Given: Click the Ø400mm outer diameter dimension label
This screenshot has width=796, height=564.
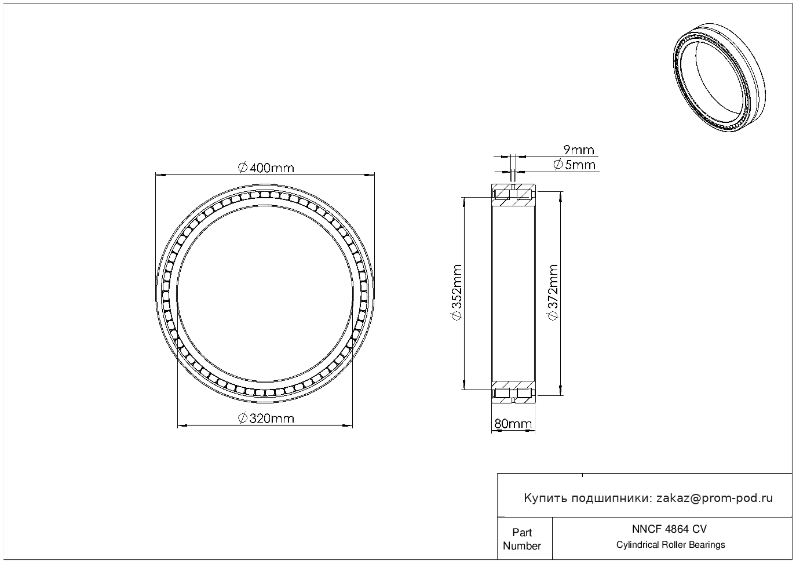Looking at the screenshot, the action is [x=266, y=168].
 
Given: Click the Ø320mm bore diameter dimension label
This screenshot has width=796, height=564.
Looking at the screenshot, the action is [x=266, y=418].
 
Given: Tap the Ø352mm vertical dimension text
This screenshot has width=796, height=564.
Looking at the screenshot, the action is [x=457, y=292].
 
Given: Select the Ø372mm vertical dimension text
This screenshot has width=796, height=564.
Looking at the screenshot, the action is [x=553, y=292].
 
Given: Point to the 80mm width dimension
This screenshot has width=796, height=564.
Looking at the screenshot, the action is [x=513, y=424].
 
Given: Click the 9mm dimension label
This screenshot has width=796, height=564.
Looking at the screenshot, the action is [x=579, y=150].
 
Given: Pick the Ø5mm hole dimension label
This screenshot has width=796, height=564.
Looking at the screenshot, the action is [x=574, y=165].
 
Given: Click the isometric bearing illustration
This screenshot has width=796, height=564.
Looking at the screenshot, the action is [x=720, y=77].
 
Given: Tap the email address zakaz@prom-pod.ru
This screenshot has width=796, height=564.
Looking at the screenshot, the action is [x=714, y=498].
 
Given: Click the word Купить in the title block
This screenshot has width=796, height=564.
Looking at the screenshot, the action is [x=546, y=498].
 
